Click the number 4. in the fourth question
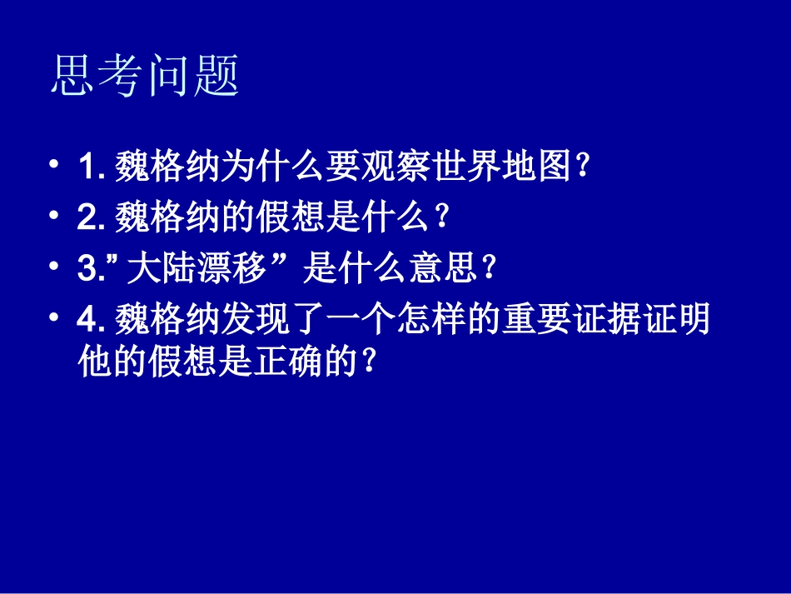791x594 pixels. (x=91, y=319)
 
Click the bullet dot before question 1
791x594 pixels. (x=55, y=164)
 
